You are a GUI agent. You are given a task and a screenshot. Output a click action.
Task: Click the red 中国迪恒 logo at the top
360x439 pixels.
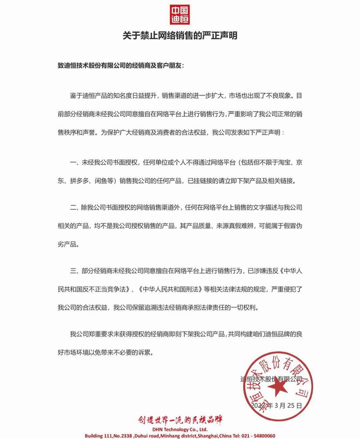(180, 15)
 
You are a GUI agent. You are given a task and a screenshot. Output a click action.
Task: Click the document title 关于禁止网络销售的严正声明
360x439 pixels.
(180, 36)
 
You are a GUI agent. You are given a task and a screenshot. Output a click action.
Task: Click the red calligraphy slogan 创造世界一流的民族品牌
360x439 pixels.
(180, 420)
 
